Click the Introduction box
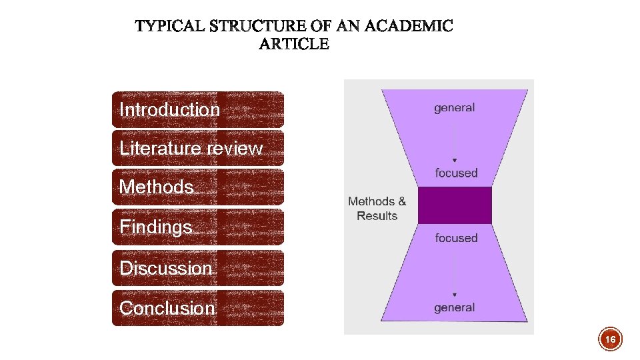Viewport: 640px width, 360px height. point(197,109)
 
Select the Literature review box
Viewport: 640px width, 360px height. point(197,148)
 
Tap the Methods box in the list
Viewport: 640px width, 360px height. point(197,187)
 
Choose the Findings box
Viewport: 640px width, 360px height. point(197,227)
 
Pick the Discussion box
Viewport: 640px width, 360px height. point(197,268)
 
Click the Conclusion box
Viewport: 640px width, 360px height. point(197,308)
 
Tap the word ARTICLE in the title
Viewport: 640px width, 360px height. point(294,45)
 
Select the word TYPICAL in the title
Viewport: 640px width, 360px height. point(170,27)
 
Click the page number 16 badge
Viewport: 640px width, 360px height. point(610,339)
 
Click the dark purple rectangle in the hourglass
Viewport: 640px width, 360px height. point(454,205)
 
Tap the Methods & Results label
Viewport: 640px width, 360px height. point(377,209)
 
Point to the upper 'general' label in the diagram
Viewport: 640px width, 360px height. point(455,107)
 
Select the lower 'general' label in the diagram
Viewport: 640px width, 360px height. point(455,307)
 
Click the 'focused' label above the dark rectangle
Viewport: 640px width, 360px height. point(457,173)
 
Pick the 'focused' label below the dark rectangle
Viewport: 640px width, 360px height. point(457,237)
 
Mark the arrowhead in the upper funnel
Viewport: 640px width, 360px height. point(455,161)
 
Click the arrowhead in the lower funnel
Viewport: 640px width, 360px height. point(455,295)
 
